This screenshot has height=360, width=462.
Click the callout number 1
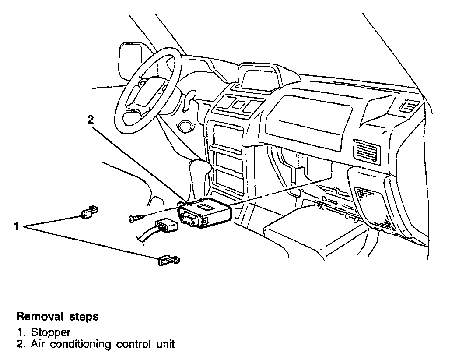pyautogui.click(x=16, y=226)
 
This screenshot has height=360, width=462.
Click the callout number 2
pyautogui.click(x=90, y=120)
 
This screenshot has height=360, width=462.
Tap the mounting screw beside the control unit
pyautogui.click(x=136, y=218)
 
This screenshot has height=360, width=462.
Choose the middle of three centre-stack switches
pyautogui.click(x=238, y=105)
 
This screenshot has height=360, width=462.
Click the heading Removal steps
pyautogui.click(x=57, y=316)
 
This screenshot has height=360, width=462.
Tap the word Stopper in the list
pyautogui.click(x=51, y=332)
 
